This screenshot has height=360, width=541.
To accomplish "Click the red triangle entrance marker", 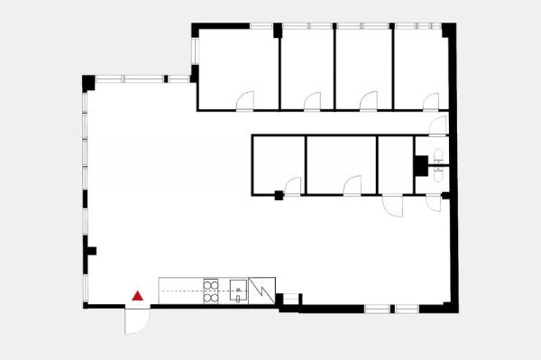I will click(x=138, y=295).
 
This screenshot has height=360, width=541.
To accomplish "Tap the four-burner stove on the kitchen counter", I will click(x=212, y=290).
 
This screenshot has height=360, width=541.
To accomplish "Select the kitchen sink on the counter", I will click(x=239, y=291).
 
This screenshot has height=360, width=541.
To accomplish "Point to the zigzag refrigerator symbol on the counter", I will click(x=261, y=290).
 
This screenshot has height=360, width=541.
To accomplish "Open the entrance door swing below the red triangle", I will click(x=135, y=319).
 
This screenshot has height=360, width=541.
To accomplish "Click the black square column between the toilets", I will click(x=420, y=165).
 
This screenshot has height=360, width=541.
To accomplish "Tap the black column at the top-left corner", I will click(x=88, y=82).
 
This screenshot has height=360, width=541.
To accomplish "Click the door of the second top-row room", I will click(x=313, y=101).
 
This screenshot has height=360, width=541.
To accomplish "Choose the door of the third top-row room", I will click(x=367, y=101).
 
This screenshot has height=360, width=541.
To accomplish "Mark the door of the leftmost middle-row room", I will click(x=292, y=187).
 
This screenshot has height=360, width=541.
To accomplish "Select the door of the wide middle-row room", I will click(x=353, y=186).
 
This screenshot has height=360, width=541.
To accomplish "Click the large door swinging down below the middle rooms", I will click(x=393, y=205).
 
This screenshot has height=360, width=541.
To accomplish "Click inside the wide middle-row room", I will click(x=341, y=162).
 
